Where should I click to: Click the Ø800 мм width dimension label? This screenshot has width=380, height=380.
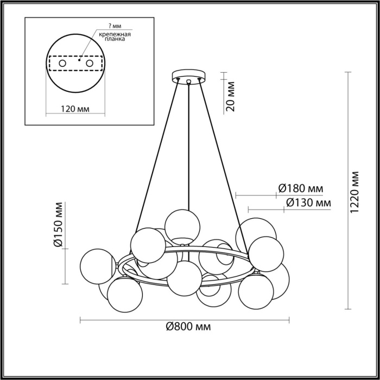tap(188, 327)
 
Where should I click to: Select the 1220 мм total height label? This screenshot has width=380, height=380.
tap(355, 193)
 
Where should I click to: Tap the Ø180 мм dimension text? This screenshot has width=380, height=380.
tap(300, 189)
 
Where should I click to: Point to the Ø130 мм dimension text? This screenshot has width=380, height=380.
tap(308, 203)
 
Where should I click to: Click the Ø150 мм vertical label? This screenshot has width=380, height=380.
tap(59, 225)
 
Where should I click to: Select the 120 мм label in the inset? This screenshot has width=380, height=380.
tap(75, 110)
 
